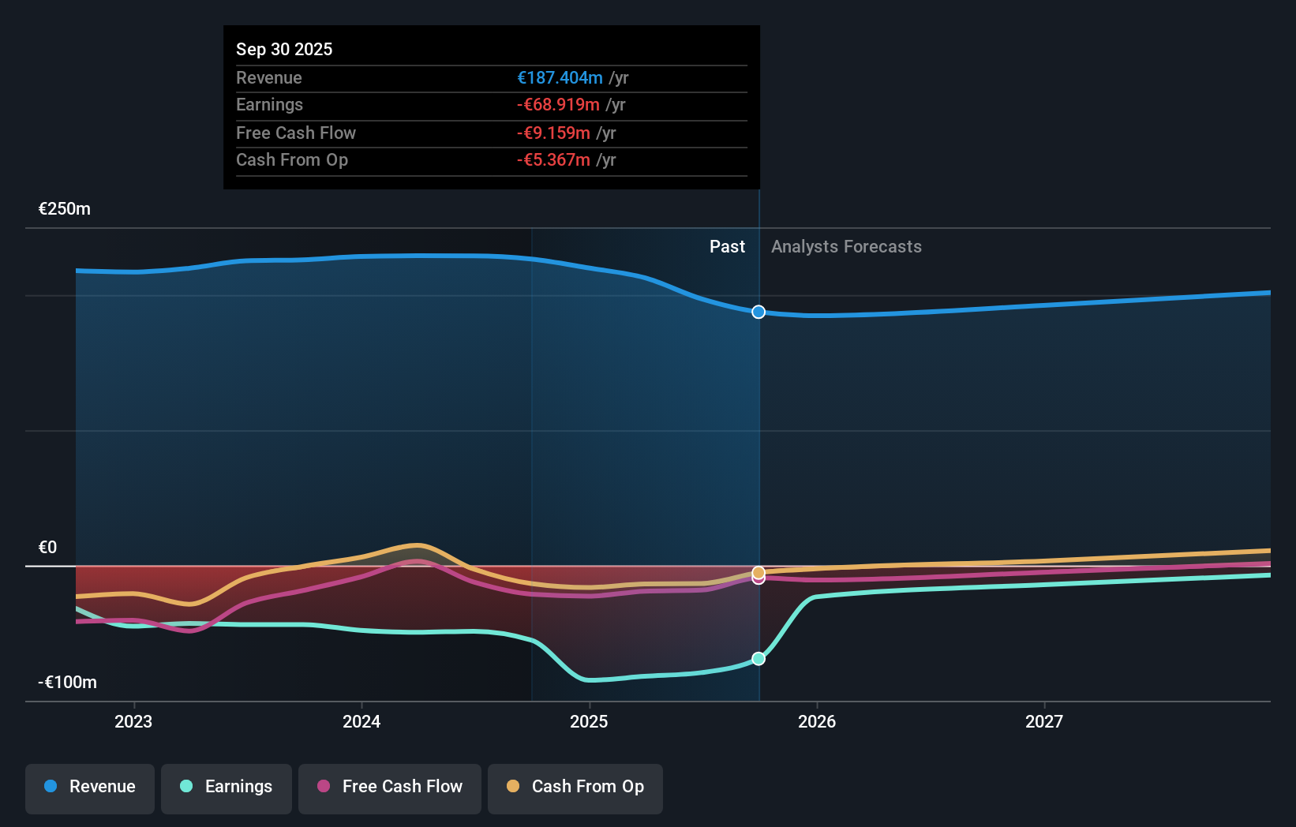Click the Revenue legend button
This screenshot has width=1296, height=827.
pos(90,788)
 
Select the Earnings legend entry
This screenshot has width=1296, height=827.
pos(227,788)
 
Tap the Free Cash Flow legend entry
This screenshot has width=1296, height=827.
pos(390,788)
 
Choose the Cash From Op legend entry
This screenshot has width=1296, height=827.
pos(575,788)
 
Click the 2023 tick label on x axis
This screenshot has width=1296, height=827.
pos(133,722)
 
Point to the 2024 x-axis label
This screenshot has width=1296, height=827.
pos(361,722)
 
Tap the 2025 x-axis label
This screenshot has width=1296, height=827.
pos(589,722)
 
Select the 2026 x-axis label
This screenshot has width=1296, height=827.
pos(817,722)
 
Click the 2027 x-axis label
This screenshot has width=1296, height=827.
pos(1044,722)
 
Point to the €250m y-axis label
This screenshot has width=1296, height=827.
pos(65,209)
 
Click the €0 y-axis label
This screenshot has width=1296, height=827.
pos(47,548)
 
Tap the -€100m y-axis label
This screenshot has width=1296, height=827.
pos(67,683)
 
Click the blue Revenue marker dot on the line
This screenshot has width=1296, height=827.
pos(758,312)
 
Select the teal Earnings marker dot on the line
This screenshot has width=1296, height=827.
pos(758,659)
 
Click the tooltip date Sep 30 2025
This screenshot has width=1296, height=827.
pos(284,49)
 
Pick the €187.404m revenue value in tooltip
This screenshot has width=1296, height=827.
pos(560,78)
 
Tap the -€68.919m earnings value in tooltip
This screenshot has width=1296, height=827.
pos(558,105)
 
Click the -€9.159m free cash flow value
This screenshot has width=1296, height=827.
pos(553,133)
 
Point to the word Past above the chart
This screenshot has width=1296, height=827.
pos(727,247)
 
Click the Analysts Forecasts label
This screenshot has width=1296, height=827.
pos(846,247)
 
